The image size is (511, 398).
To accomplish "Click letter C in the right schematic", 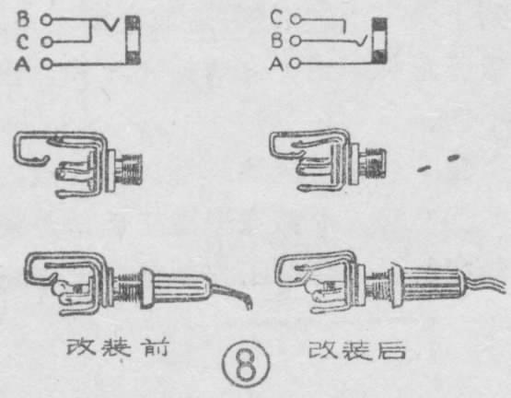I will (x=276, y=17).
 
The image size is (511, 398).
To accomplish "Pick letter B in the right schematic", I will (x=276, y=41).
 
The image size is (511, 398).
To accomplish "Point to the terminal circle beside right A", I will (x=296, y=64).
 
